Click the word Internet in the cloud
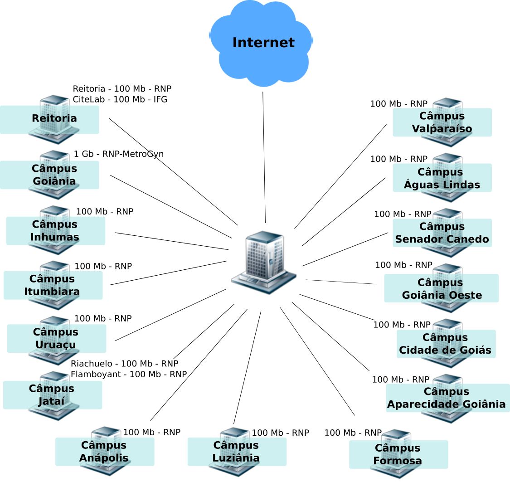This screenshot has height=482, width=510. point(263,43)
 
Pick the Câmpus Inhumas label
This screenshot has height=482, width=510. point(55,231)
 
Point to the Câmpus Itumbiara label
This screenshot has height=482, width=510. point(53,285)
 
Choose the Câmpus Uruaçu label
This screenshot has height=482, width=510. point(56,338)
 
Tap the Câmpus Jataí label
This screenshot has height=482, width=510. point(52,395)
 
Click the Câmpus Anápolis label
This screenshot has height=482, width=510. point(105,452)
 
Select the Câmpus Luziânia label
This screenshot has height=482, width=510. point(237,452)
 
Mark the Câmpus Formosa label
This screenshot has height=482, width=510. point(398,454)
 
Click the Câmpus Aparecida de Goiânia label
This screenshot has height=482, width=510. point(447,398)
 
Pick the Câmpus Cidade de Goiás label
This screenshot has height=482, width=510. point(446,344)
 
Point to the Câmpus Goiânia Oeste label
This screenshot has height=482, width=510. point(441,288)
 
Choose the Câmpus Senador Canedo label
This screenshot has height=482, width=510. point(442,233)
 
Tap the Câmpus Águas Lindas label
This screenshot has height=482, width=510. point(442,178)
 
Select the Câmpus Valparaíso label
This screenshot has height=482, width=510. point(442,122)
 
